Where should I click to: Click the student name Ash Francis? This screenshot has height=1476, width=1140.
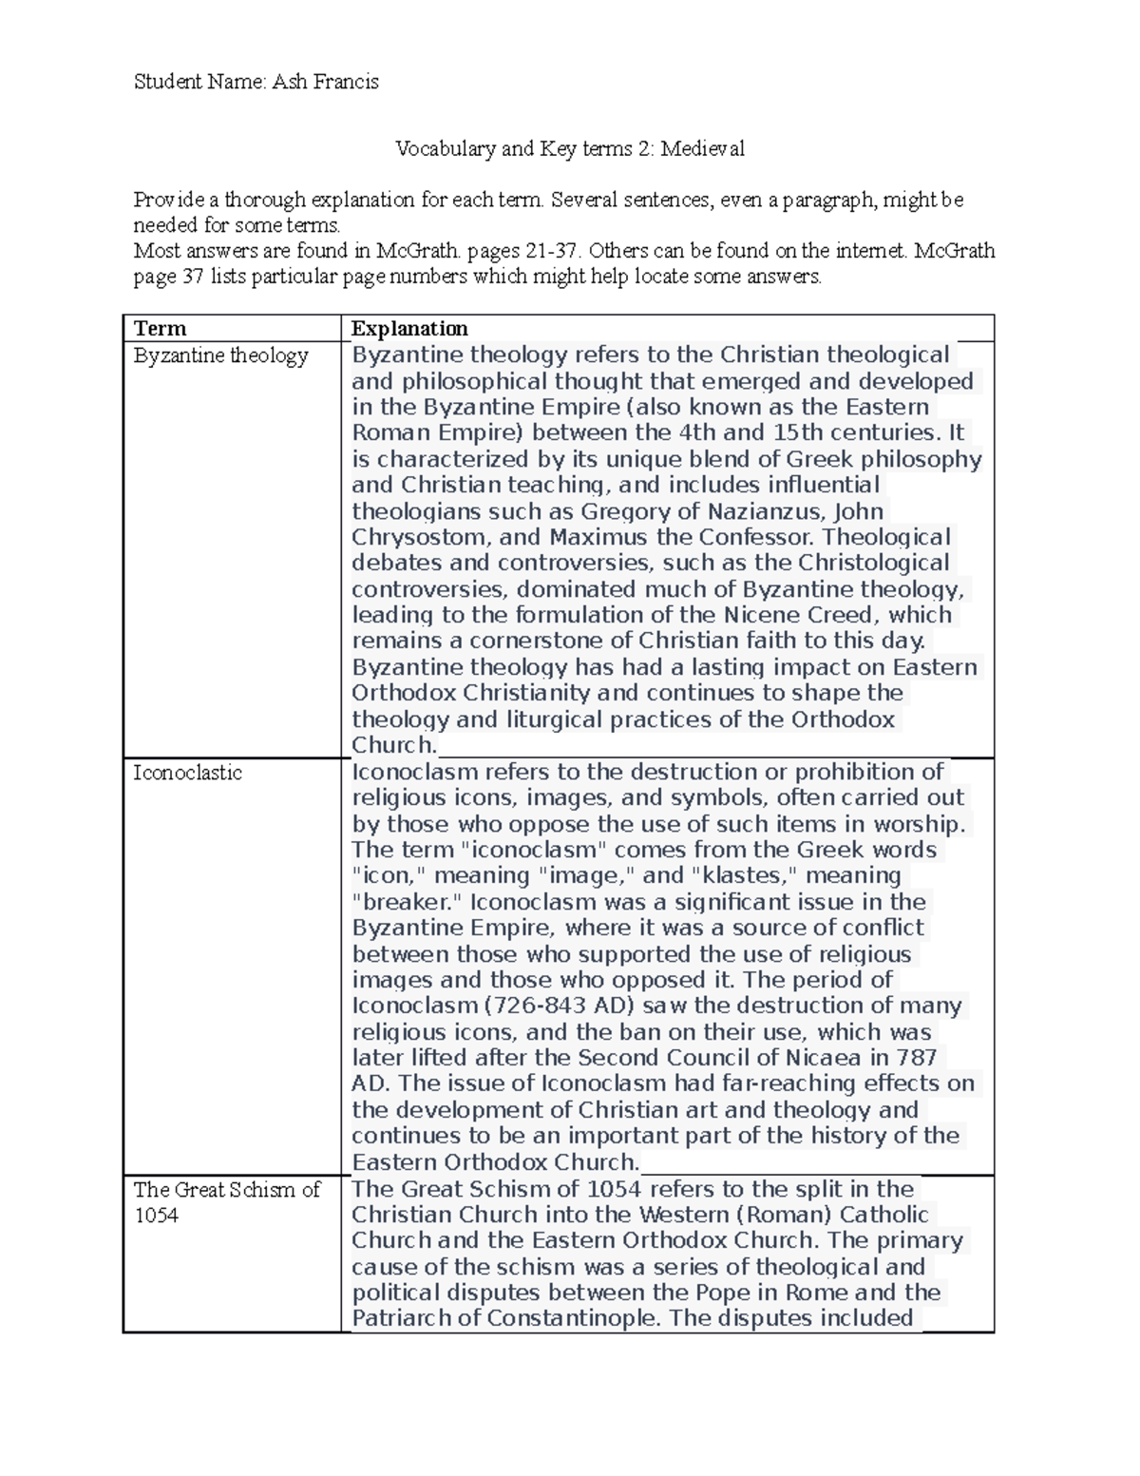[x=325, y=82]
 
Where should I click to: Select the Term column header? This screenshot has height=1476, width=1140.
[x=160, y=329]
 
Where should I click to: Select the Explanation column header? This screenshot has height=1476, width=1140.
[x=409, y=329]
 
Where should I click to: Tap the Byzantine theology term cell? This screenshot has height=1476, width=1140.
[x=220, y=355]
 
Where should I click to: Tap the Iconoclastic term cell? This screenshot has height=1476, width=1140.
[x=187, y=773]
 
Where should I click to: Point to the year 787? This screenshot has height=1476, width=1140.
[x=916, y=1058]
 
